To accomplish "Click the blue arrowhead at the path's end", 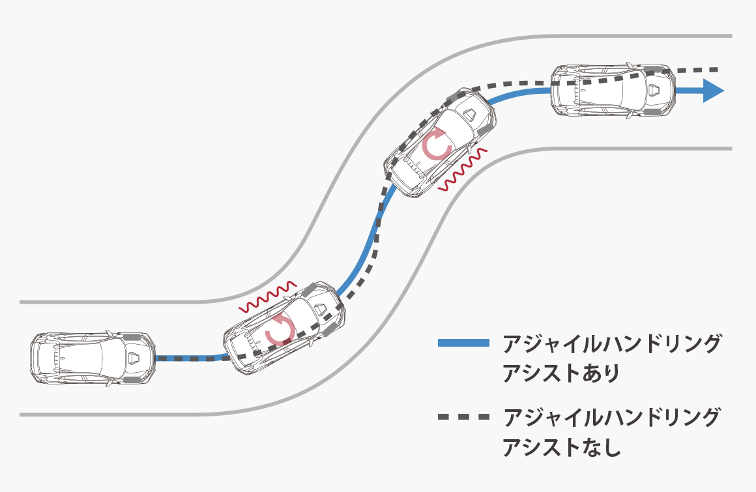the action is point(712,91).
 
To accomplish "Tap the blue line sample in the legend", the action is point(463,343).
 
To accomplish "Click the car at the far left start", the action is point(93,358).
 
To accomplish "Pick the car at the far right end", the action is point(613,90).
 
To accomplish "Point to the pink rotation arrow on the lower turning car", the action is point(280,330).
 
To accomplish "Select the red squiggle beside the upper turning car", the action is point(463,169).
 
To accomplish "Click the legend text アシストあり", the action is point(560,373).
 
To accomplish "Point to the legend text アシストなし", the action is point(561,446).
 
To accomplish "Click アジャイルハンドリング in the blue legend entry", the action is point(611,343).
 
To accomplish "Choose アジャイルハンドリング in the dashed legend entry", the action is point(611,417).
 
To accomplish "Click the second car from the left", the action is point(284,328).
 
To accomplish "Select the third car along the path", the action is point(440,143).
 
